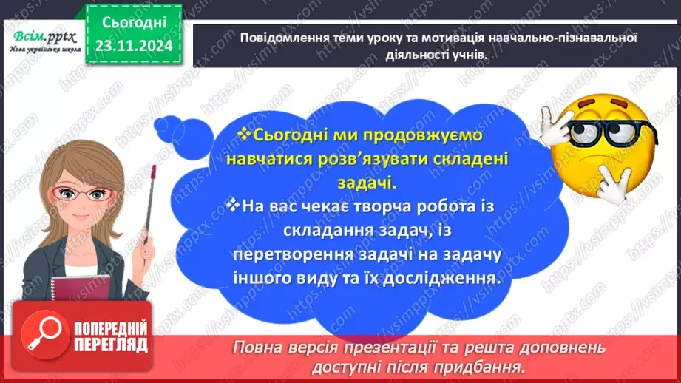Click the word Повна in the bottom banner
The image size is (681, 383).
(260, 347)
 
